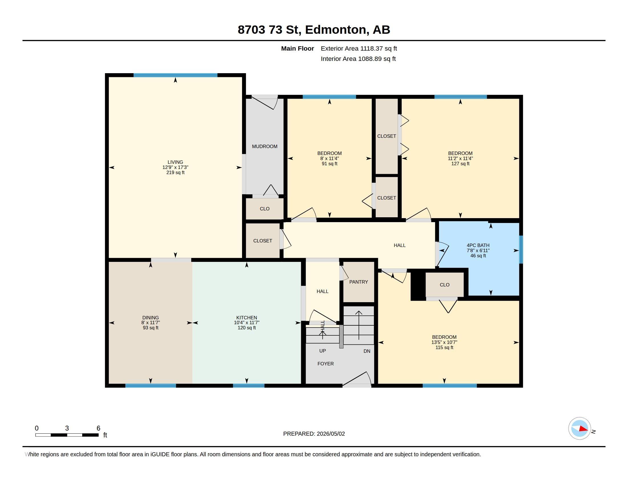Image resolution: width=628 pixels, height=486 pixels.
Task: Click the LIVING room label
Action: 175,162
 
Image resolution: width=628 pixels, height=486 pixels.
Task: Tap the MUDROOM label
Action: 265,146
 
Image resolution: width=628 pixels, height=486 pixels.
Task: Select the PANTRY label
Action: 359,282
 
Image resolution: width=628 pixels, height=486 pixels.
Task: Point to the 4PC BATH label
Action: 478,245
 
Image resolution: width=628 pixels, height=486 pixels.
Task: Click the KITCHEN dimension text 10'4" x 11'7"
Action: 247,323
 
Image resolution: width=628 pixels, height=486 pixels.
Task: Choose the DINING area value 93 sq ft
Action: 151,328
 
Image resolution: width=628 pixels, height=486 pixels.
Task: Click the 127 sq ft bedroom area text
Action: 460,164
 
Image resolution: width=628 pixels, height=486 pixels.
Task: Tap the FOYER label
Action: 325,364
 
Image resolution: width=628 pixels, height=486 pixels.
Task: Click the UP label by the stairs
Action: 322,351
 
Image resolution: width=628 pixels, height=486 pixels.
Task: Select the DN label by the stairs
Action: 367,351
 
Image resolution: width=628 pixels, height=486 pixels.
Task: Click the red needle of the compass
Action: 583,429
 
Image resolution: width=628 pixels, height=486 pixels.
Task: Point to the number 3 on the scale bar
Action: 67,428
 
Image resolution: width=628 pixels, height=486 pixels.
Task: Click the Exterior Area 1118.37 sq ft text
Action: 359,48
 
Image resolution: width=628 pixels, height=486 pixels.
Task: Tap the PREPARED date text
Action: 314,434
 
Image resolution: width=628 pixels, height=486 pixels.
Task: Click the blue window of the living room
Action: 175,75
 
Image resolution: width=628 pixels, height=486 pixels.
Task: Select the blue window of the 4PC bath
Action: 521,250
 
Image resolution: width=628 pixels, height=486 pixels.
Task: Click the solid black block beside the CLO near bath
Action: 418,286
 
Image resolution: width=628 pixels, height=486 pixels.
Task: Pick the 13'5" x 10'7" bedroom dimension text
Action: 444,342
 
